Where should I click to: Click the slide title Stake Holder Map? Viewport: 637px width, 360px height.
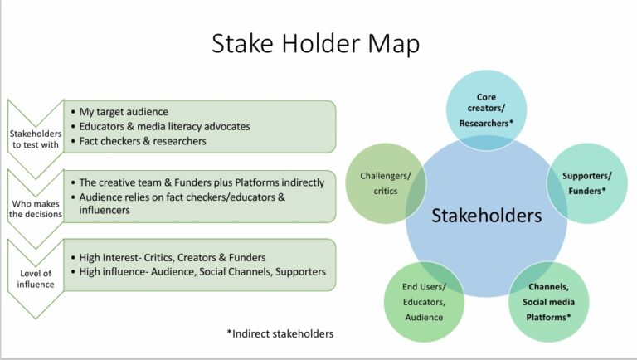318,44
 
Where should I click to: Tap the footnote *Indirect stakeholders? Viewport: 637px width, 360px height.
280,333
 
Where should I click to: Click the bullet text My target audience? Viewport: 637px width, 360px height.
124,112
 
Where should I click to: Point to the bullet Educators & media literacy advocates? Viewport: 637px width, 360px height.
164,126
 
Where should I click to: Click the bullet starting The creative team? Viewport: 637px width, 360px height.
202,182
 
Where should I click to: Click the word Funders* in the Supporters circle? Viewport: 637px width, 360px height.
586,192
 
